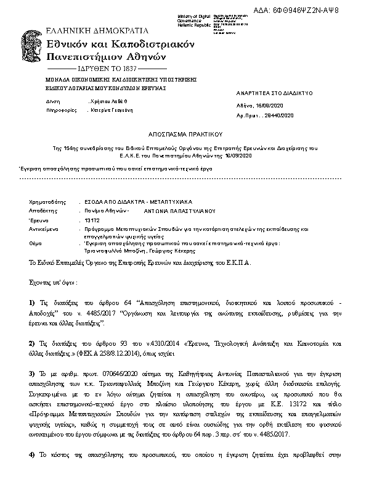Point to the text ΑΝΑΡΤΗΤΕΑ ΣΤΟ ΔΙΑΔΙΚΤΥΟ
[275, 93]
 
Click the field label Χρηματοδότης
[47, 202]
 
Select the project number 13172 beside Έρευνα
[92, 220]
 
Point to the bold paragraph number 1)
[33, 303]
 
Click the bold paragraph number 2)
[33, 343]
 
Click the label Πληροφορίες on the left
[47, 109]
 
